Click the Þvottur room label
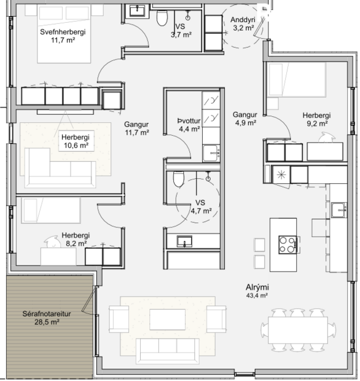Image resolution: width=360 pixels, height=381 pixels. [x=189, y=120]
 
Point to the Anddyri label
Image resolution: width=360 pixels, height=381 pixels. [x=243, y=20]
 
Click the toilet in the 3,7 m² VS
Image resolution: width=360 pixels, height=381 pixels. [x=162, y=18]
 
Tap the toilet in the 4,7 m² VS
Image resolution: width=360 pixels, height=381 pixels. [x=178, y=179]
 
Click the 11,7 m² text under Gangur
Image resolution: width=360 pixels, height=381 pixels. [x=137, y=132]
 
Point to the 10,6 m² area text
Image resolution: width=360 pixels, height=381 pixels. [x=76, y=146]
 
